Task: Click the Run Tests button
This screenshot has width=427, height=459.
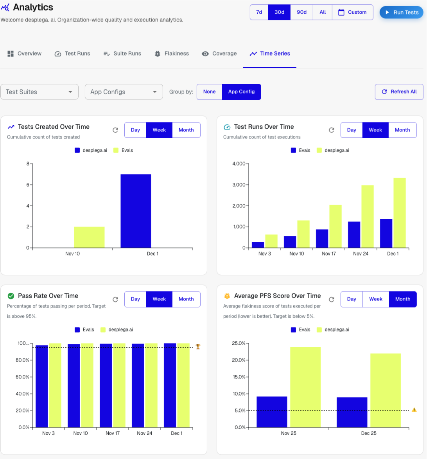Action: tap(401, 12)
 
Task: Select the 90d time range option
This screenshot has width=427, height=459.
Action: tap(301, 12)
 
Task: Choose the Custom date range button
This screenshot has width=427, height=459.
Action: tap(352, 12)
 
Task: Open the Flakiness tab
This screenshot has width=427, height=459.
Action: tap(172, 54)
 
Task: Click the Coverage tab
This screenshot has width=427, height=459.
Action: tap(219, 54)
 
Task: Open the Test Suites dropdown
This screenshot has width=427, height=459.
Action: tap(39, 92)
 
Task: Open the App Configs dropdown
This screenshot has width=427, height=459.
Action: tap(124, 92)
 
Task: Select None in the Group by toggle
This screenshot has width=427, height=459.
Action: tap(209, 92)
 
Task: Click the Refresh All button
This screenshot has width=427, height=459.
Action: tap(399, 92)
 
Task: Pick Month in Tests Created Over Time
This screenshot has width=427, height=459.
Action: tap(186, 130)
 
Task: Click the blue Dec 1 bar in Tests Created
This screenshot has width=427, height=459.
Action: tap(136, 211)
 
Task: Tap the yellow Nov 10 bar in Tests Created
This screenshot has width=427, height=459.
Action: tap(89, 237)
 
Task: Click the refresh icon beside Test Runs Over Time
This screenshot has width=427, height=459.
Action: tap(332, 130)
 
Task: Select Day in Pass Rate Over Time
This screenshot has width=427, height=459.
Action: tap(135, 299)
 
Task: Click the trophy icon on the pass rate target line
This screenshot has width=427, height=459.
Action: tap(198, 347)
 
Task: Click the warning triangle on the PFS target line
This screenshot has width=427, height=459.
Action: tap(414, 410)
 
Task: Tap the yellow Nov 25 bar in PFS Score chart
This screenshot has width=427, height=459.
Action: tap(305, 387)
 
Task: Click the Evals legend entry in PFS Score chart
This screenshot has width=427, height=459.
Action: tap(301, 329)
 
